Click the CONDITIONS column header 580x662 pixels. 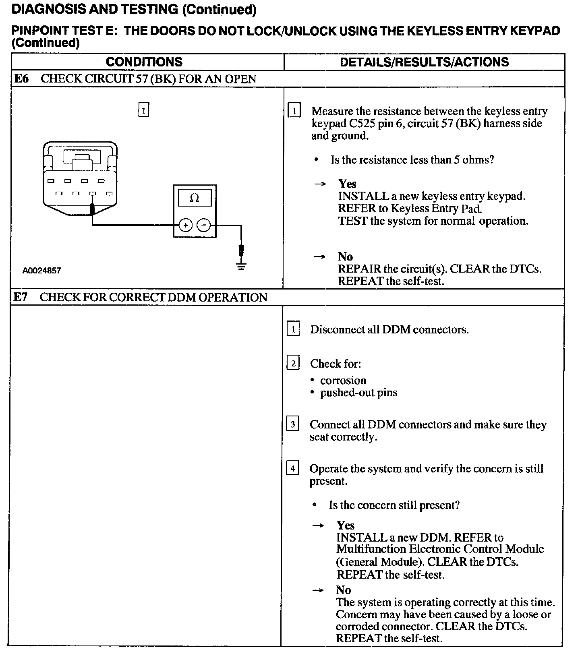[144, 62]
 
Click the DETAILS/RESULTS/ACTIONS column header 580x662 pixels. [424, 62]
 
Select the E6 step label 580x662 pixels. [21, 79]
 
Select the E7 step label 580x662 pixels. [21, 297]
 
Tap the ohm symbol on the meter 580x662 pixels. [195, 198]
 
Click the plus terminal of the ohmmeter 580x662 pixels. [185, 225]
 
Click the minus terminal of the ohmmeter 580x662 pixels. [204, 225]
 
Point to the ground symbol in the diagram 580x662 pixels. [241, 266]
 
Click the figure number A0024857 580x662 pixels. [41, 271]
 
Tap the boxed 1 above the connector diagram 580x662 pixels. [143, 110]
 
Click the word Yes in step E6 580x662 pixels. [347, 184]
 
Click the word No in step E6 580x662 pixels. [345, 257]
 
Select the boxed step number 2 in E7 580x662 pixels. [293, 364]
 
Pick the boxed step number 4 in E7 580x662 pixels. [292, 468]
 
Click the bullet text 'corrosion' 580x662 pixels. [343, 381]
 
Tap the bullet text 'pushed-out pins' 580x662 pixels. [358, 393]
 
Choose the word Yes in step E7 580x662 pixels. [346, 525]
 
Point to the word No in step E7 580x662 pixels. [344, 590]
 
